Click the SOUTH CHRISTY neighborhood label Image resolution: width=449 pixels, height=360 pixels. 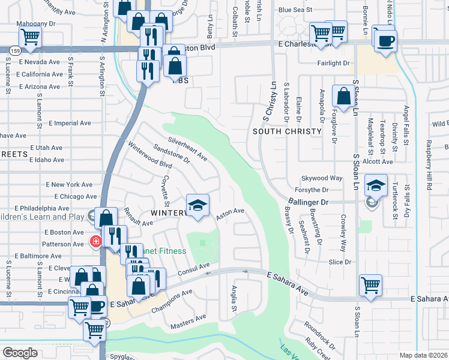click(283, 131)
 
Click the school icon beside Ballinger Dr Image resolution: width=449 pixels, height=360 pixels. click(376, 186)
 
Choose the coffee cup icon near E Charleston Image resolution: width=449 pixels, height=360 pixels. click(385, 40)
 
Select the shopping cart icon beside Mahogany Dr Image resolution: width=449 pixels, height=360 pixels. click(29, 38)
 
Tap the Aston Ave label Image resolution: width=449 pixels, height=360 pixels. click(230, 214)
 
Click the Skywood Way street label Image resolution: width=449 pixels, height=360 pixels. click(322, 178)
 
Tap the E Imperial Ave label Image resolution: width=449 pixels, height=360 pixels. click(70, 123)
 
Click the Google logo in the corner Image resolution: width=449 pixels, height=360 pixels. click(20, 353)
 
